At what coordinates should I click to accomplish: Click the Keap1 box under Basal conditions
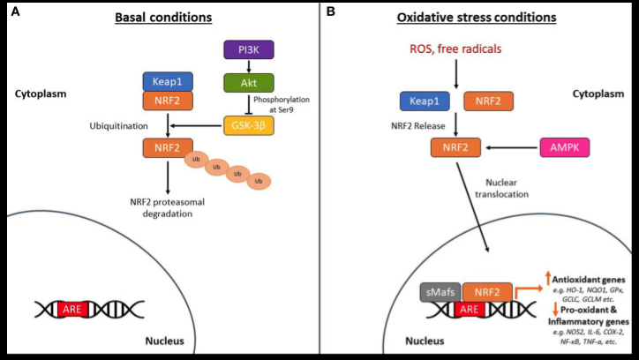point(168,82)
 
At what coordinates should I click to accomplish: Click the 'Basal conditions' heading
point(161,17)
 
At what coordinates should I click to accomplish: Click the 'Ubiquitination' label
point(117,126)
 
